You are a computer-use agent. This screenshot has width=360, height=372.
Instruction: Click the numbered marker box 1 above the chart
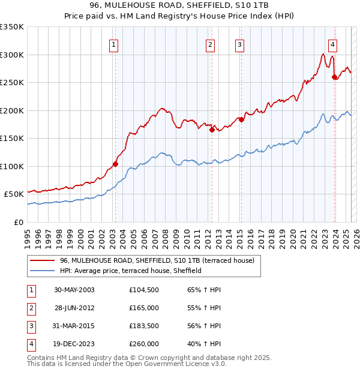113,43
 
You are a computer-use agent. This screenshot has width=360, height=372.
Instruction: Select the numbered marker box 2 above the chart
210,43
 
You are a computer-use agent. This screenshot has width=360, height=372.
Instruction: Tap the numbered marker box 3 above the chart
239,43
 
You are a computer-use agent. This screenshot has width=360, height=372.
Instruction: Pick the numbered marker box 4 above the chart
332,43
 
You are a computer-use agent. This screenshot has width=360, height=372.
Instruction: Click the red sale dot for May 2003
115,164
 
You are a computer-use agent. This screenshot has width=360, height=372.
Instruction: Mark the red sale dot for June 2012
212,130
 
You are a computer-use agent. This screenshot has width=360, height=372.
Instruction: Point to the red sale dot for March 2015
241,119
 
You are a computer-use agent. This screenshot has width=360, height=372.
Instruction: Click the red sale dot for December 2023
334,77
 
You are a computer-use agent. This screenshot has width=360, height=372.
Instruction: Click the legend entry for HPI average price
130,271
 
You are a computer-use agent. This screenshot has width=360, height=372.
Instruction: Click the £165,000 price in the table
143,307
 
